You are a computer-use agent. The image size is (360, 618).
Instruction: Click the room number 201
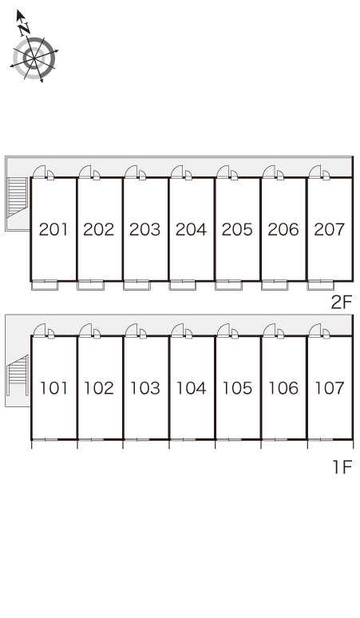[x=53, y=229]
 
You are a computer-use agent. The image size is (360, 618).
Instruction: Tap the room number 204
[x=191, y=229]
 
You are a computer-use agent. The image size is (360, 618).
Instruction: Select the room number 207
[x=330, y=229]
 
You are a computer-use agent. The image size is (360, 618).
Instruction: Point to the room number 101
[x=53, y=388]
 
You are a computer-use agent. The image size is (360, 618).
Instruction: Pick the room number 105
[x=237, y=388]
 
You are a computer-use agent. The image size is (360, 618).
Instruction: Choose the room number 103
[x=145, y=388]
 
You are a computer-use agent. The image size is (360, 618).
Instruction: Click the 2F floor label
[x=341, y=303]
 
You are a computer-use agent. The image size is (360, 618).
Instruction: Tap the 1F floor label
[x=342, y=467]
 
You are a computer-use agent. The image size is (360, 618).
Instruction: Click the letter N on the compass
[x=25, y=28]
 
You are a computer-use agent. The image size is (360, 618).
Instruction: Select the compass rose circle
[x=34, y=58]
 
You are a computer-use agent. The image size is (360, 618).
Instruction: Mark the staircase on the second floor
[x=18, y=197]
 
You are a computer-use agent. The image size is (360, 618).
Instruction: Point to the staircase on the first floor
[x=18, y=374]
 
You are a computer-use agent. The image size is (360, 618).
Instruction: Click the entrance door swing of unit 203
[x=131, y=172]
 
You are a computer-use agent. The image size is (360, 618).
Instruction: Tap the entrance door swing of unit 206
[x=269, y=172]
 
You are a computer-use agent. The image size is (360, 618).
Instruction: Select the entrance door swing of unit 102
[x=85, y=331]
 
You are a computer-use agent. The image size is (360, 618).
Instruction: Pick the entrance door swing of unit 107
[x=315, y=331]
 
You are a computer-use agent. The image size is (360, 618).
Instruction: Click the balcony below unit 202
[x=90, y=285]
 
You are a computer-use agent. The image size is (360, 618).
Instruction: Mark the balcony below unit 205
[x=228, y=285]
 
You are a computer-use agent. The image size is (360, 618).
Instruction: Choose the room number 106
[x=283, y=388]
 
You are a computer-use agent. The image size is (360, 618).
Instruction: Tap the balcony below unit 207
[x=321, y=285]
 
